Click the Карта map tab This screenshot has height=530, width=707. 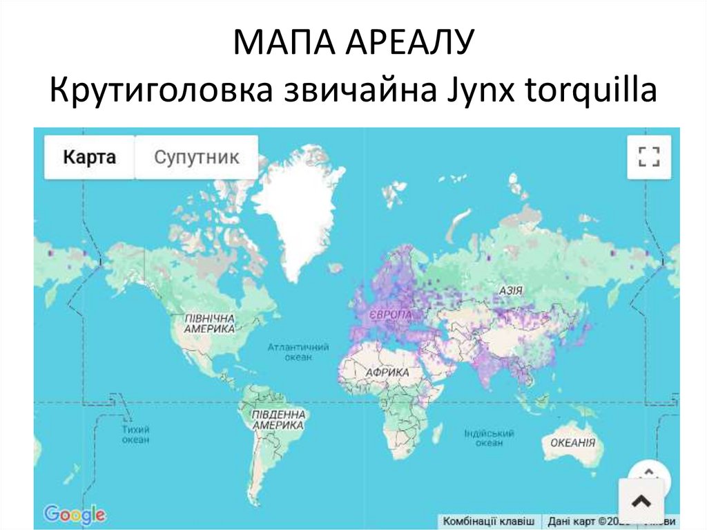[x=89, y=157]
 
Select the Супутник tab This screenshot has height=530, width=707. [x=196, y=157]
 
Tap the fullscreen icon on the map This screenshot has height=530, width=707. [x=649, y=157]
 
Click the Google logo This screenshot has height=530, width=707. [x=75, y=514]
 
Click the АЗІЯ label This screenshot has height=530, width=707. [x=510, y=291]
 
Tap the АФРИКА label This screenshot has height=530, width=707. [x=387, y=372]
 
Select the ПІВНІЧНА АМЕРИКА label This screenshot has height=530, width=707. [x=210, y=324]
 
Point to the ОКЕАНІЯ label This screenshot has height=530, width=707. [x=572, y=443]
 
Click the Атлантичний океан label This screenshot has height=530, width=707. [x=298, y=352]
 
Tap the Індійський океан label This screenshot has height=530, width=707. [x=489, y=437]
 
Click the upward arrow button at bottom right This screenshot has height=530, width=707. [x=641, y=500]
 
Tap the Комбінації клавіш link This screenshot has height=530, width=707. [x=489, y=521]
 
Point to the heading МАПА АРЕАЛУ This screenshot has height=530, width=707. [x=353, y=44]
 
